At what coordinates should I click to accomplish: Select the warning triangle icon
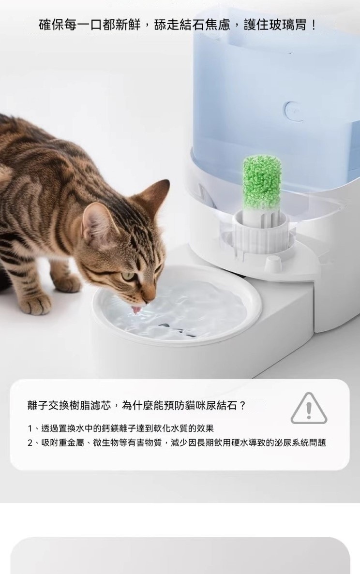309,409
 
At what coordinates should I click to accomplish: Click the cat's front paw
38,304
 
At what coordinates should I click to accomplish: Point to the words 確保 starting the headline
51,25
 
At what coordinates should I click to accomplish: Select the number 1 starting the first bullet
30,428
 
